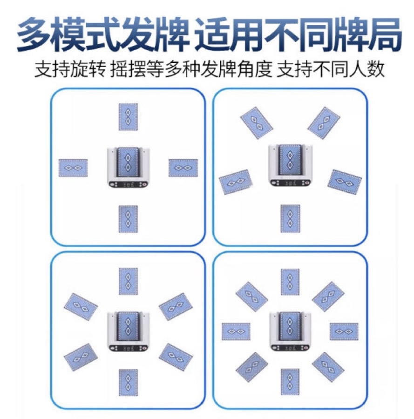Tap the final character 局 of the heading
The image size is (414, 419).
[x=384, y=34]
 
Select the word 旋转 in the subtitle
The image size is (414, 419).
[x=88, y=69]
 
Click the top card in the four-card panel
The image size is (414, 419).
[x=128, y=117]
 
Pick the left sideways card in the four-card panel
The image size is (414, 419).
[x=73, y=168]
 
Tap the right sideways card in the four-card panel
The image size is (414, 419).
[x=183, y=168]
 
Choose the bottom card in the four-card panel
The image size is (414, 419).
[x=128, y=219]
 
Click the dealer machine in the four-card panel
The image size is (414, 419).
[x=128, y=167]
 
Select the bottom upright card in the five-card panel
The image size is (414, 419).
[x=290, y=218]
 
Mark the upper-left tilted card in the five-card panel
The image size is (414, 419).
[x=257, y=122]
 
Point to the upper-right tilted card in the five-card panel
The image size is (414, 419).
[x=324, y=122]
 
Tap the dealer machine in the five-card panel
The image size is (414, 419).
[x=290, y=165]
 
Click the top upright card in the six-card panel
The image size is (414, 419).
[x=128, y=281]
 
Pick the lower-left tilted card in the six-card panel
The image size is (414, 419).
[x=81, y=357]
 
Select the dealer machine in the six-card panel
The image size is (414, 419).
[x=128, y=331]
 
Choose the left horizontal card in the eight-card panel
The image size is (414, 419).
[x=236, y=331]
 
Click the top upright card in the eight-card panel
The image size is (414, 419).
[x=290, y=282]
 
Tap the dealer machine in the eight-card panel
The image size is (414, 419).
[x=290, y=331]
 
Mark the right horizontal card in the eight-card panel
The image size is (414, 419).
[x=344, y=331]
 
